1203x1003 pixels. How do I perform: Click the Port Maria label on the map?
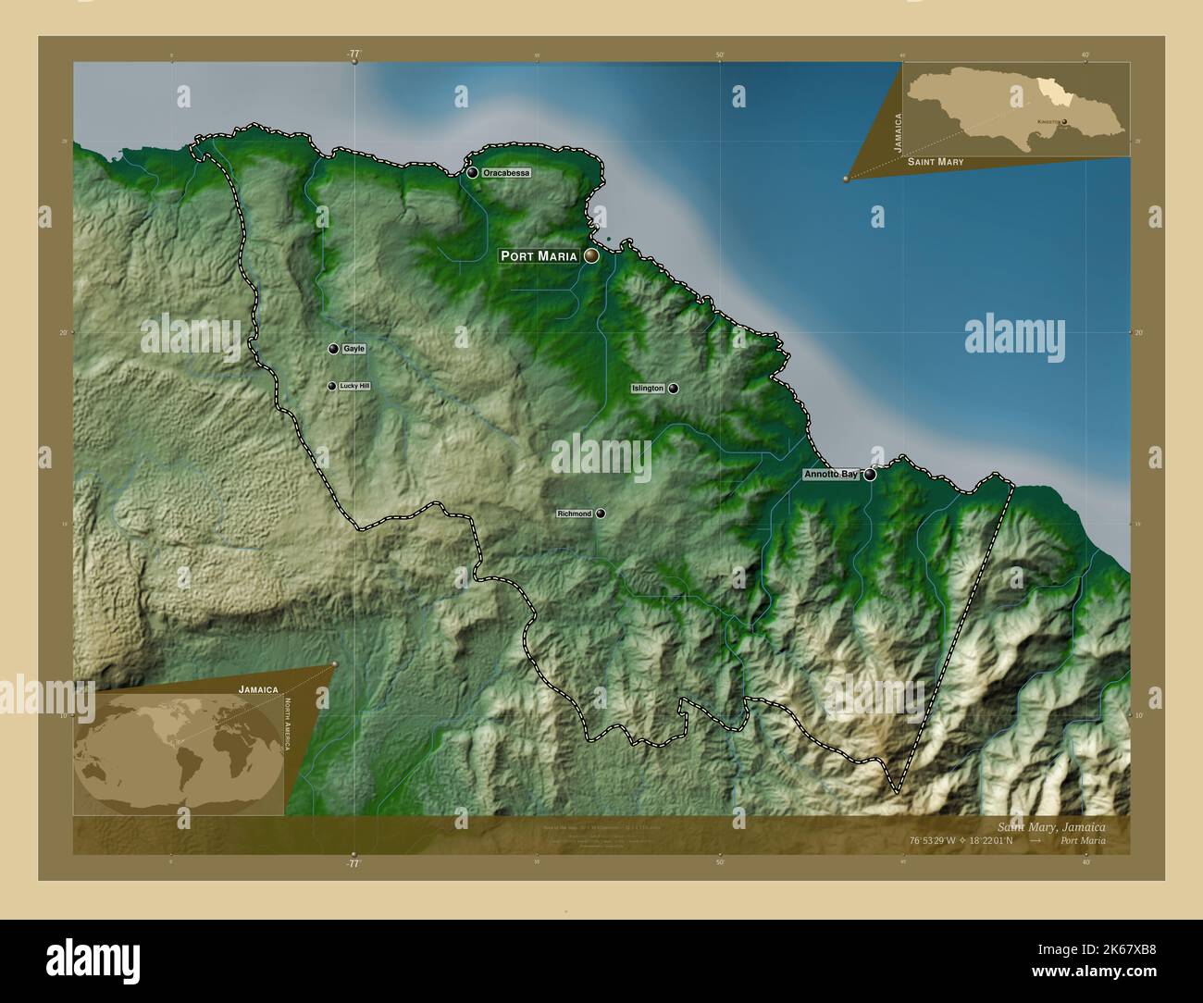tap(539, 256)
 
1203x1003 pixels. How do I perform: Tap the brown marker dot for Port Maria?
tap(590, 256)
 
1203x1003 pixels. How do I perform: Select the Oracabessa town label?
tap(506, 173)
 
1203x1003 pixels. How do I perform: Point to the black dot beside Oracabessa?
tap(473, 173)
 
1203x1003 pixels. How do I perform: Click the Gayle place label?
tap(353, 349)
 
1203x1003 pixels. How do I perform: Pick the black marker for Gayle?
tap(333, 349)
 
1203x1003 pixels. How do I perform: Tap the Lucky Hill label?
tap(354, 386)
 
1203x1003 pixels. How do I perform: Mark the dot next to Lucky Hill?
tap(331, 386)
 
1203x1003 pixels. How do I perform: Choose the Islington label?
tap(648, 389)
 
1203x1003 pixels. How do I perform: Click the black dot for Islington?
tap(674, 389)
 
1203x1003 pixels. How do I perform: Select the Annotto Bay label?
tap(830, 475)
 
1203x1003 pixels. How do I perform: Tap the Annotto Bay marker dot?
tap(870, 475)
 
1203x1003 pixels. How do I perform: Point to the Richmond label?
tap(574, 514)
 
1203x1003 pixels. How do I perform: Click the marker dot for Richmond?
tap(601, 514)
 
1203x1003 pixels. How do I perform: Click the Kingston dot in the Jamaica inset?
tap(1064, 121)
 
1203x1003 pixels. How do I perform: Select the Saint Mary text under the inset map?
tap(935, 162)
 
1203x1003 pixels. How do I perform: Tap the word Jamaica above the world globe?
tap(258, 689)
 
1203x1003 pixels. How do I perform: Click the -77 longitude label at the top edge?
tap(353, 55)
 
